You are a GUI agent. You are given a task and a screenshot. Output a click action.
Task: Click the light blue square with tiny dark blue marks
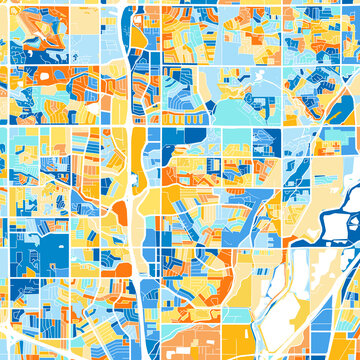(215, 165)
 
